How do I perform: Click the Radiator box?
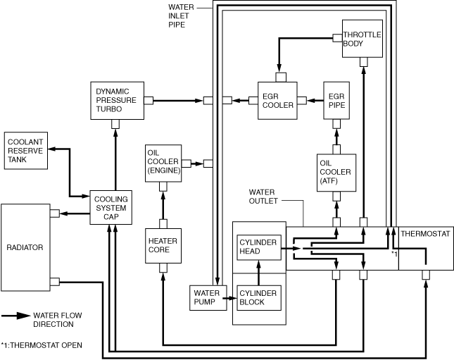click(x=25, y=247)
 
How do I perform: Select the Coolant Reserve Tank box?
click(x=26, y=151)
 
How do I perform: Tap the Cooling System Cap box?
click(x=111, y=208)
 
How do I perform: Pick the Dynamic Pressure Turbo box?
click(x=118, y=101)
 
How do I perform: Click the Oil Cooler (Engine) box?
click(x=163, y=163)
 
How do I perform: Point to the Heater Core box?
click(x=163, y=246)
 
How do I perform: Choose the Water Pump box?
click(x=208, y=298)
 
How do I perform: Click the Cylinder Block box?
click(x=259, y=298)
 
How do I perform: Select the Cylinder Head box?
click(x=259, y=247)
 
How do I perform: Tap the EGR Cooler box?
click(x=277, y=101)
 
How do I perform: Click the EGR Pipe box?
click(x=336, y=101)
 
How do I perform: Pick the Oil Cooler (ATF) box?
click(x=336, y=173)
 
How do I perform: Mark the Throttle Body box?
click(x=362, y=39)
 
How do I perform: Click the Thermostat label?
click(x=425, y=234)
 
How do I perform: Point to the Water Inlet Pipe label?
click(x=181, y=15)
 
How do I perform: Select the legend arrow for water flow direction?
click(x=16, y=316)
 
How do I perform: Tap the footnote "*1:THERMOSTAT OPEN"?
click(x=42, y=345)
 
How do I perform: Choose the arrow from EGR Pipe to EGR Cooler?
click(x=315, y=101)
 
